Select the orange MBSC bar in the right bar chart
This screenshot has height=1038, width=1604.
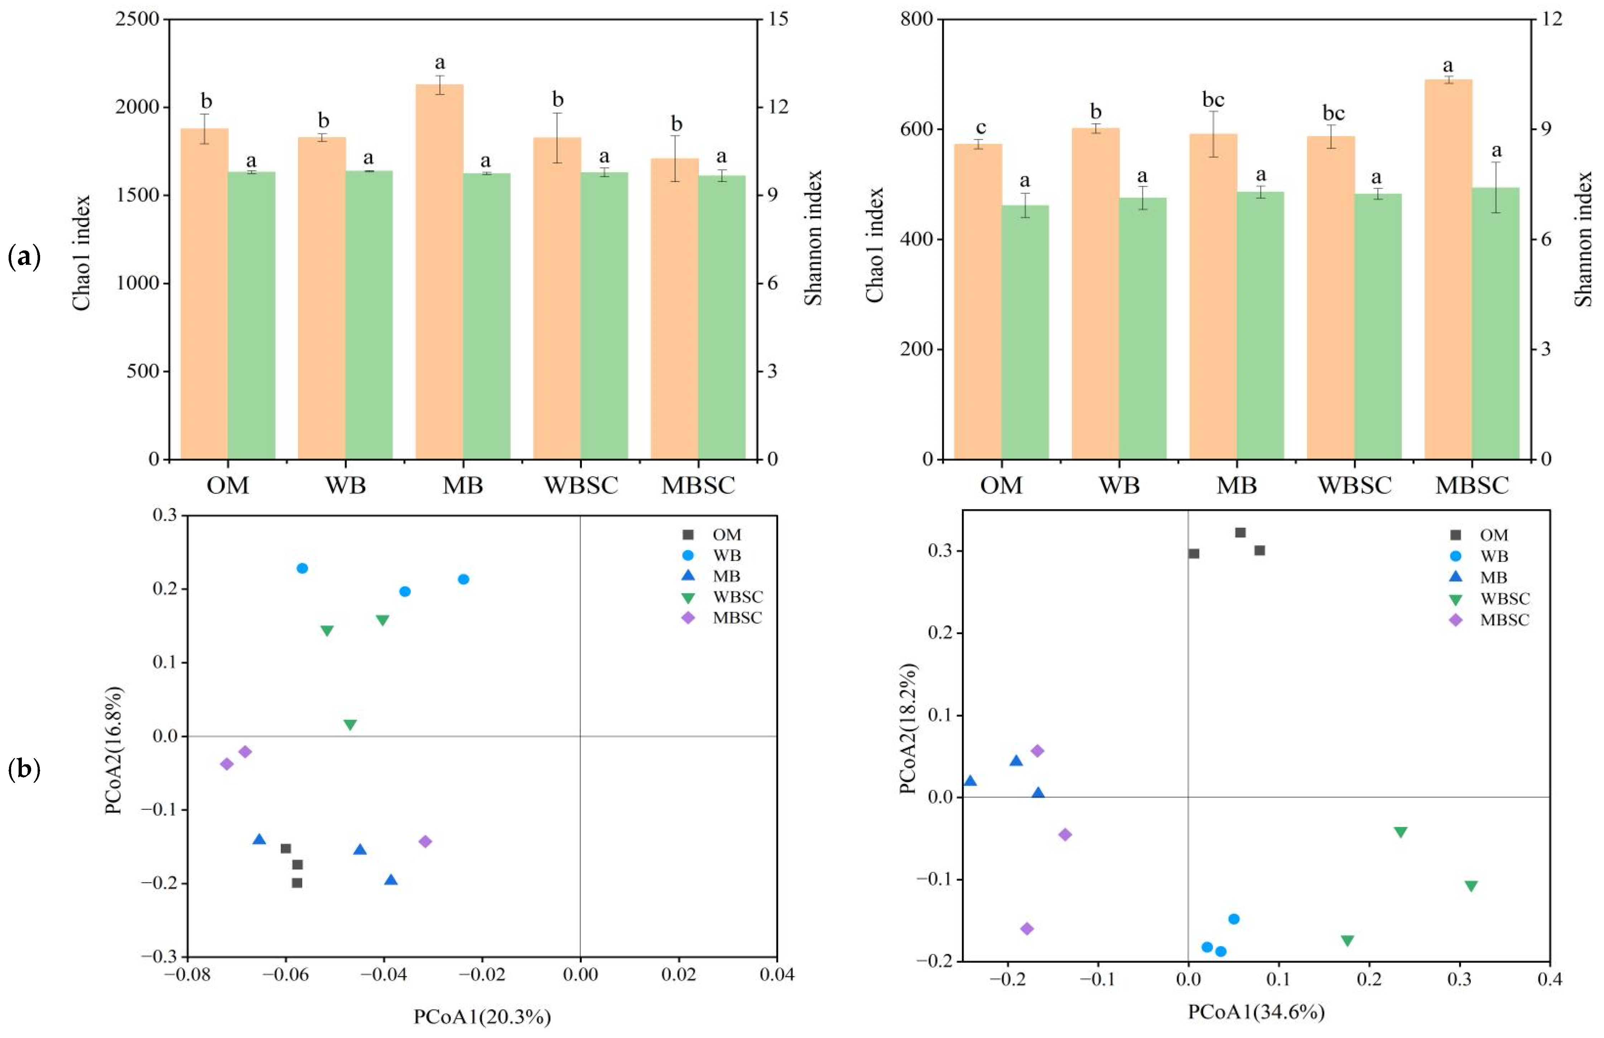(x=1448, y=269)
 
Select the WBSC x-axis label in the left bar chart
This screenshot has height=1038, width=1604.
(x=581, y=485)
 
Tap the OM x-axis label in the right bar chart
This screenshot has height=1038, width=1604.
(x=1001, y=485)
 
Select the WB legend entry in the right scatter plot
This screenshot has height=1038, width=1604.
(x=1493, y=556)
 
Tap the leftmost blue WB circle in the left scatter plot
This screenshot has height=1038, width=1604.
(x=303, y=568)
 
